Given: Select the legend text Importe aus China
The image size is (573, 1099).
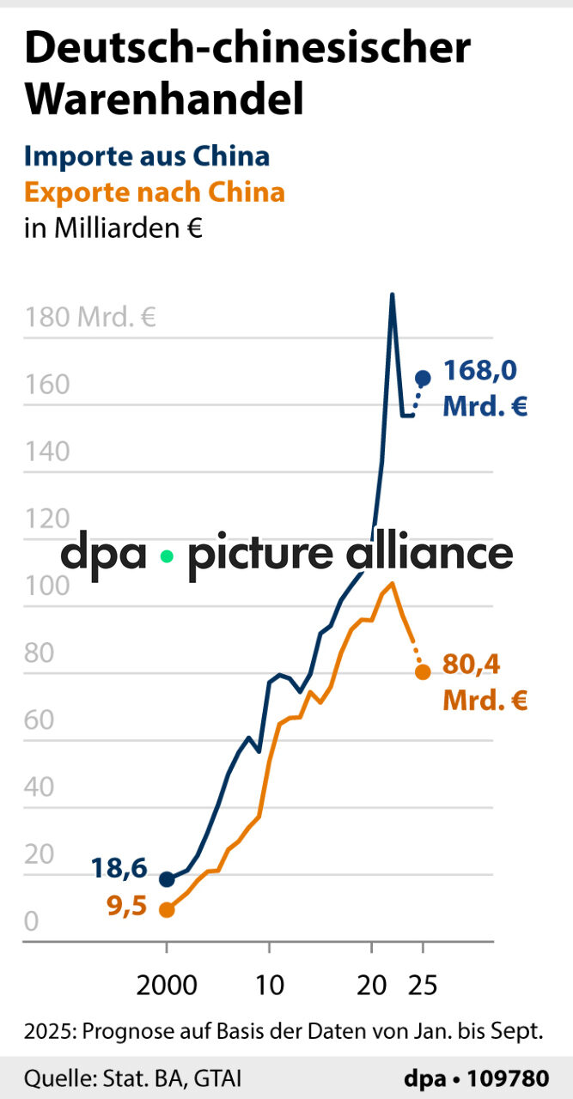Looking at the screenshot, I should click(147, 156).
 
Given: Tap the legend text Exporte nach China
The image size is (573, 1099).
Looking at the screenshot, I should click(155, 191).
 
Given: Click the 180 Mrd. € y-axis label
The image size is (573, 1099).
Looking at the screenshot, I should click(90, 319).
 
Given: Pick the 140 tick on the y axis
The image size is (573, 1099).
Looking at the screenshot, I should click(47, 452).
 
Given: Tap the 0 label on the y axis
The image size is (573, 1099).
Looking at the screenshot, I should click(33, 921).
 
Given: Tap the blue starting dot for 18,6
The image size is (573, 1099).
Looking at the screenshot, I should click(167, 879).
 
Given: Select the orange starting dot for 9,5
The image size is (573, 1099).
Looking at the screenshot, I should click(167, 909).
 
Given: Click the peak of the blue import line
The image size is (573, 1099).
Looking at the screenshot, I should click(392, 294).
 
